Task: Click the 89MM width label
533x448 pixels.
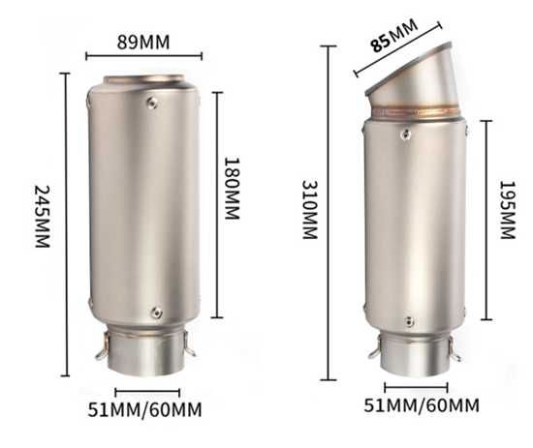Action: (143, 43)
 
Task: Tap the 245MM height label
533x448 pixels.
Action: (43, 217)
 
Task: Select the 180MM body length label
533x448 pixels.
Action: (233, 189)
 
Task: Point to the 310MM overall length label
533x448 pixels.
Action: (310, 210)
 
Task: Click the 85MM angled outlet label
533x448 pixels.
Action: (394, 35)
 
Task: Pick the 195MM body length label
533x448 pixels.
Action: (508, 210)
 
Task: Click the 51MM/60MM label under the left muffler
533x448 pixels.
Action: (144, 409)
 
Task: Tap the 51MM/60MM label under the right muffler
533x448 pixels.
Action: (422, 405)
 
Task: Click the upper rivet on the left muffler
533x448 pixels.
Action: (152, 103)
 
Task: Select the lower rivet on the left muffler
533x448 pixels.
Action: (156, 313)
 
